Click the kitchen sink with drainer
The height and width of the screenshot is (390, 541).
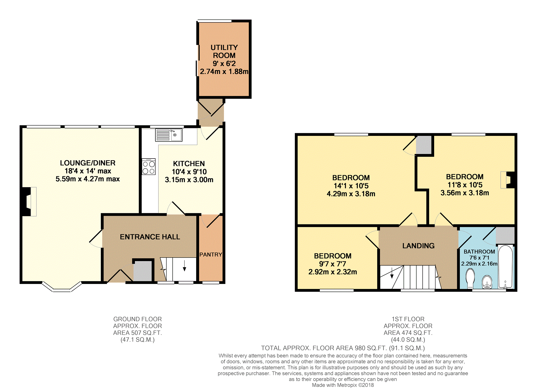(x=169, y=135)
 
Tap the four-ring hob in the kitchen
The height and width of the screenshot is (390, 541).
(x=149, y=167)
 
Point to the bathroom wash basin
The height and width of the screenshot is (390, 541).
(x=487, y=282)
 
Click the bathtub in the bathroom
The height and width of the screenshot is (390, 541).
(x=505, y=267)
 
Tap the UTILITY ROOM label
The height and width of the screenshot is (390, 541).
(x=224, y=51)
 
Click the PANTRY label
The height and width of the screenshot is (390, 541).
(x=211, y=255)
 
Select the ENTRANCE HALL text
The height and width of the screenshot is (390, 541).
(x=150, y=237)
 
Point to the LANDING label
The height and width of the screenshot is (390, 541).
(x=418, y=246)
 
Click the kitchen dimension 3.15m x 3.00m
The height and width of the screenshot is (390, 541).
(x=189, y=180)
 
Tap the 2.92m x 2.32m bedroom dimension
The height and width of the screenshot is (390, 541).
(x=333, y=272)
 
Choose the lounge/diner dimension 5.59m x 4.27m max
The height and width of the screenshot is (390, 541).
(x=88, y=179)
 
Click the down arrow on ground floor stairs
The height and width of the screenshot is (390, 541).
(x=184, y=266)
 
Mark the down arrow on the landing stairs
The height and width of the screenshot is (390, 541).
(x=392, y=273)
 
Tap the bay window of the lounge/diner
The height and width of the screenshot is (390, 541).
(x=62, y=287)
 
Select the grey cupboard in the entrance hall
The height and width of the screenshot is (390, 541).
(x=143, y=271)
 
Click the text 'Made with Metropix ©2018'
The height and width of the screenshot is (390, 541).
(x=343, y=385)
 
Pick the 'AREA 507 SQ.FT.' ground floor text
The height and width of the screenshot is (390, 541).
(x=138, y=333)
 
